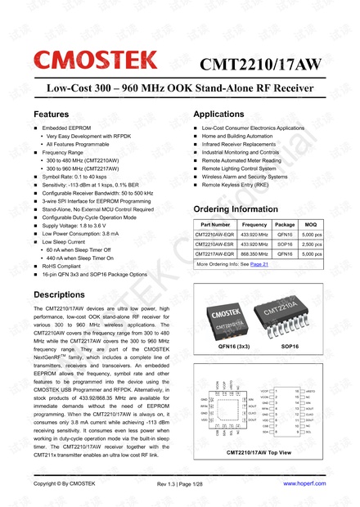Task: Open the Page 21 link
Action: click(259, 265)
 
